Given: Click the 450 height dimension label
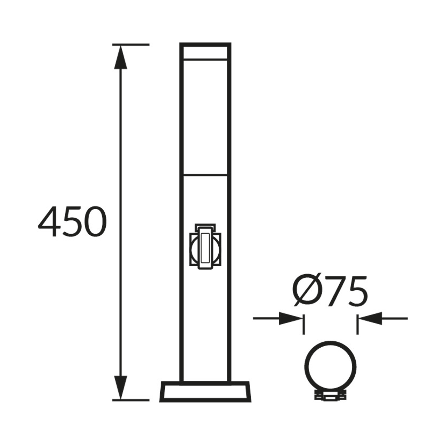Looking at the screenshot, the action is pyautogui.click(x=72, y=222).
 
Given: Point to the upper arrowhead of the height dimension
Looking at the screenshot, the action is pyautogui.click(x=121, y=57).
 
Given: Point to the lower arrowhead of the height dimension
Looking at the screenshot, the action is pyautogui.click(x=121, y=388).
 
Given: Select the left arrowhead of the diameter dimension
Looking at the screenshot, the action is pyautogui.click(x=291, y=318).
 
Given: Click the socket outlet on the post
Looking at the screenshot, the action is pyautogui.click(x=205, y=246).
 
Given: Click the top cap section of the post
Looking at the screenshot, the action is pyautogui.click(x=205, y=51).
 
